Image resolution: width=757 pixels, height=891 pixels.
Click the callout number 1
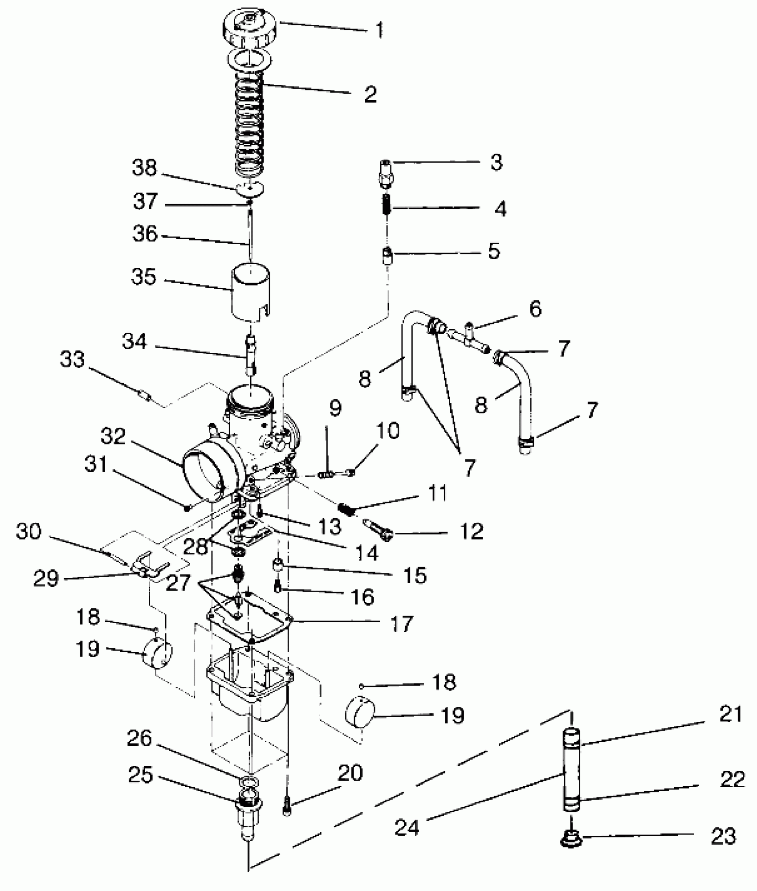coord(378,30)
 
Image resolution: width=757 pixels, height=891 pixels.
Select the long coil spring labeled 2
coord(250,129)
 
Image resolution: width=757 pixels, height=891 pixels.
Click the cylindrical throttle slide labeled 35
coord(251,292)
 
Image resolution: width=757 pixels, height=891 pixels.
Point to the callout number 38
coord(145,168)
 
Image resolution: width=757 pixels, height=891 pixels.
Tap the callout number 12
coord(471,531)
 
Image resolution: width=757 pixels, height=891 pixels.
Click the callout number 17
coord(401,624)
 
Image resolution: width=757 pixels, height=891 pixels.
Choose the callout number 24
coord(407,827)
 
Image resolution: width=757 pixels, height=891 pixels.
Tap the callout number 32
coord(113,437)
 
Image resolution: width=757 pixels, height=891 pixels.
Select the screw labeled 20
coord(287,805)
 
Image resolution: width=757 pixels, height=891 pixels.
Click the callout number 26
coord(140,739)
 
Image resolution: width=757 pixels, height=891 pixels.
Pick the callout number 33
coord(72,359)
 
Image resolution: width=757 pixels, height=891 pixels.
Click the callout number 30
coord(29,531)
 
